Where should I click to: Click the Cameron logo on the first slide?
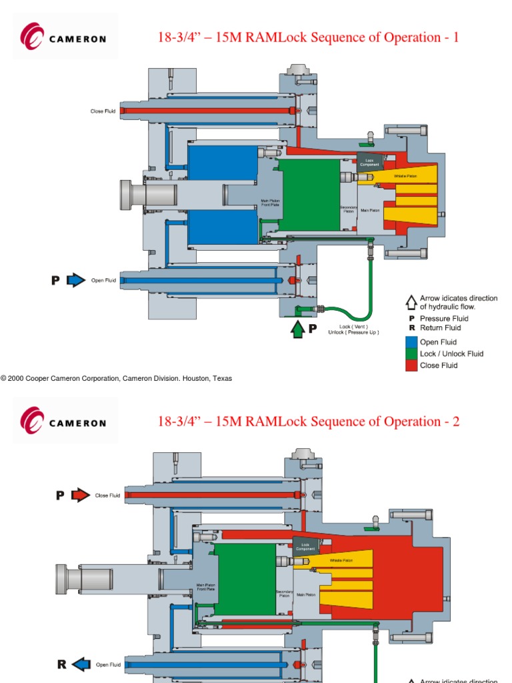[64, 37]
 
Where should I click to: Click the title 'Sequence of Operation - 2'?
[308, 422]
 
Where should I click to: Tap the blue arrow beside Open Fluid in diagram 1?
[76, 281]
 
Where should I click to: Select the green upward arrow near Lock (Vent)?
[297, 329]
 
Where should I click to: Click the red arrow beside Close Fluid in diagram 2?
[81, 496]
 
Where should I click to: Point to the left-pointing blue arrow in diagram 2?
[81, 664]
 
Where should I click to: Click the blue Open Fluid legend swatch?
[411, 342]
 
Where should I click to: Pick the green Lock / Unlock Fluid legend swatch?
[411, 354]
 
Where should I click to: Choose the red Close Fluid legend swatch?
[411, 366]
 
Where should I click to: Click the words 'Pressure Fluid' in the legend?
[444, 319]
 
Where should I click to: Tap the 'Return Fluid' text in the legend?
[440, 327]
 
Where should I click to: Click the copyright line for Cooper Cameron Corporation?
[117, 378]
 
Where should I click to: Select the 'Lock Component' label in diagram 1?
[370, 162]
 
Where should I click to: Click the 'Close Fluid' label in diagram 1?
[103, 111]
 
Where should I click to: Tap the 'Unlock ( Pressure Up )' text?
[353, 332]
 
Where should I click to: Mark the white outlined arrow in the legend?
[411, 302]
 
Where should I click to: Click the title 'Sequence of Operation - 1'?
[308, 37]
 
